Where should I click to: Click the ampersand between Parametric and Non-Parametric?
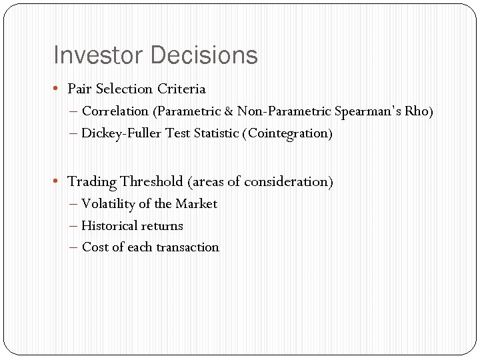coord(228,111)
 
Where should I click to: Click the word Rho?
coord(421,111)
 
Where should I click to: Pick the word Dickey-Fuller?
coord(121,133)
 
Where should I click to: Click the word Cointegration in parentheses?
coord(289,133)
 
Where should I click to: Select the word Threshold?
coord(151,181)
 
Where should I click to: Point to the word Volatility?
coord(108,204)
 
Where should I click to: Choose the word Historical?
coord(109,226)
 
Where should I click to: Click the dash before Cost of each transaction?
coord(73,247)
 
